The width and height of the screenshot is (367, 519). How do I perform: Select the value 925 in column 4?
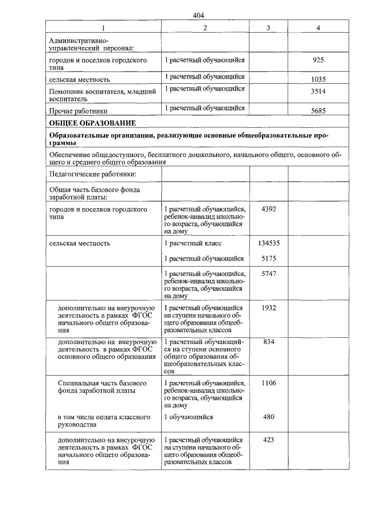point(319,60)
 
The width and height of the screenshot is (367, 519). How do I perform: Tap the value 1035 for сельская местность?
point(319,79)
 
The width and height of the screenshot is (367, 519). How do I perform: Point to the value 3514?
point(319,91)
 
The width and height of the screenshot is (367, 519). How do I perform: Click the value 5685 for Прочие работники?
point(319,111)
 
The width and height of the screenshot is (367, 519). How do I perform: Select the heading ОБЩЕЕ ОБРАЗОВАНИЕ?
point(92,123)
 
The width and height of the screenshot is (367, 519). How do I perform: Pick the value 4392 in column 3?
point(268,209)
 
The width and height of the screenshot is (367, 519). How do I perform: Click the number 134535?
point(268,243)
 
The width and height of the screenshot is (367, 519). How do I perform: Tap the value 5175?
point(268,259)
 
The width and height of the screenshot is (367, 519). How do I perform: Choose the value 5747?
point(268,274)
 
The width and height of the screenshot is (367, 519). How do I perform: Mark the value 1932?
point(268,308)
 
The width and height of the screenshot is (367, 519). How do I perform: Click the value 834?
point(268,342)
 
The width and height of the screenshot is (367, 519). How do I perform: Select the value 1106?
point(268,383)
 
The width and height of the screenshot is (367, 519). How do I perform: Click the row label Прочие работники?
point(79,111)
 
